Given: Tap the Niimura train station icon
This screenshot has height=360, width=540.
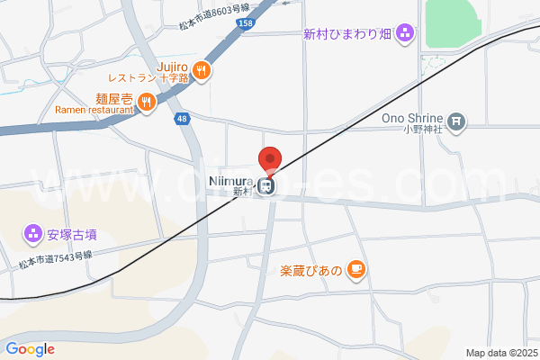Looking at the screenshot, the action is [265, 185].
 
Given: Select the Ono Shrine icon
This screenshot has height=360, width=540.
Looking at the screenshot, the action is [457, 120].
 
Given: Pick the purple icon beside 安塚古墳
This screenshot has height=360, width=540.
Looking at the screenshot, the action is [33, 235].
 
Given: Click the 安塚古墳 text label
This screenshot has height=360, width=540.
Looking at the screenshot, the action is [72, 235].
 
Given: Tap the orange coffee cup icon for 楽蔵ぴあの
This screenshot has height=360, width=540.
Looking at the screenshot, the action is [356, 269].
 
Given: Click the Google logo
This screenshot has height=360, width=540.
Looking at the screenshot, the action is [30, 349].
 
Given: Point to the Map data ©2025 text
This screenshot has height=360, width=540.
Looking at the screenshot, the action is [500, 353].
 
